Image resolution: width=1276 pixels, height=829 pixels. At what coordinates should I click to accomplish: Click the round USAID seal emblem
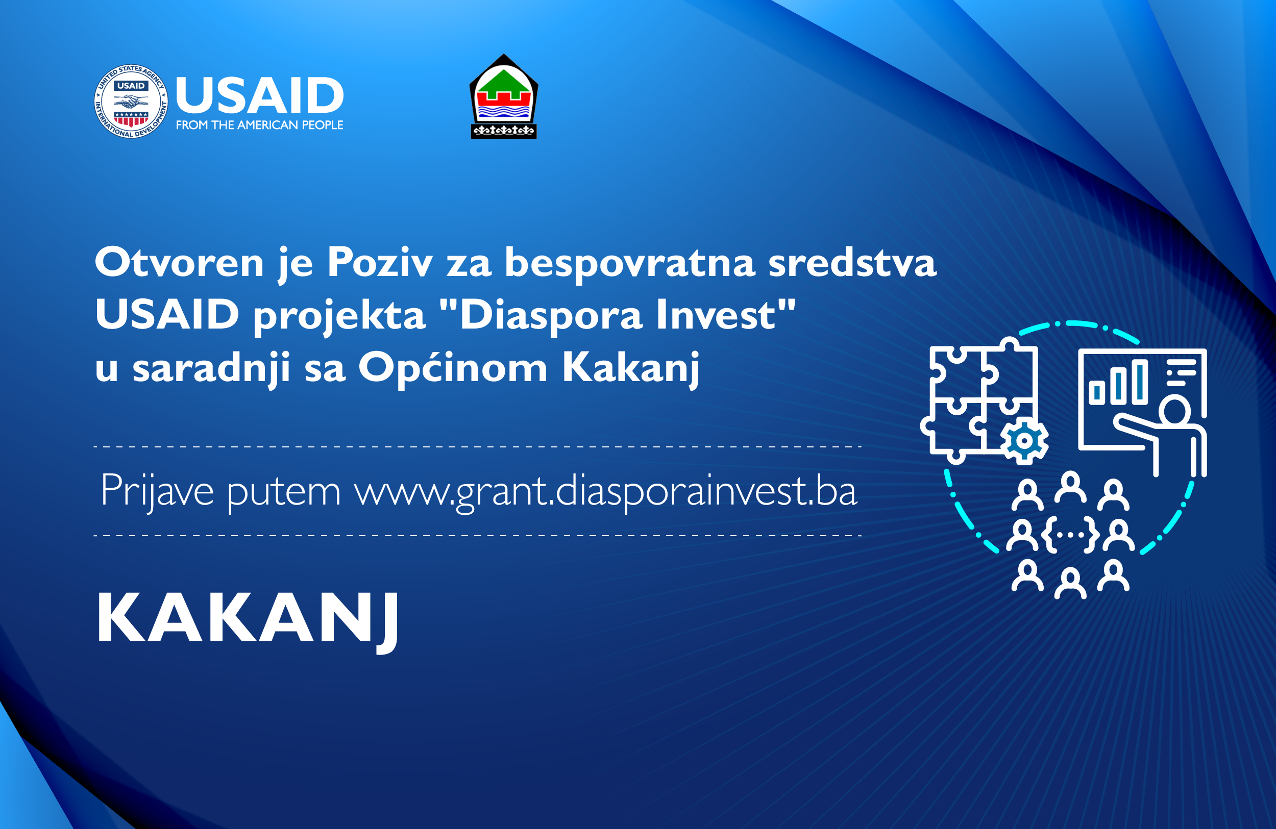(131, 102)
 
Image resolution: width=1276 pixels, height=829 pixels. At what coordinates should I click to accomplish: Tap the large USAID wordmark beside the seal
(259, 95)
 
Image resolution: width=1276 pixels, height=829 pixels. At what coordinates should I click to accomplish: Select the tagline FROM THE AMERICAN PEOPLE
(259, 125)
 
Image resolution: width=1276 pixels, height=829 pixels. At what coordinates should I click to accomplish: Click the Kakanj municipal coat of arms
(503, 96)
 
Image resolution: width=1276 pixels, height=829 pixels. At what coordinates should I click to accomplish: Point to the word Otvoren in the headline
(179, 262)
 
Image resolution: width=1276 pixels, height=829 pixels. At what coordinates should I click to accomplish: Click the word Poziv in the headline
(380, 262)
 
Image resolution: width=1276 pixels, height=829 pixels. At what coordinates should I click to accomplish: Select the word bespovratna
(629, 263)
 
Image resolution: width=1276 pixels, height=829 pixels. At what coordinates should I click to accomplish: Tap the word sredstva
(852, 262)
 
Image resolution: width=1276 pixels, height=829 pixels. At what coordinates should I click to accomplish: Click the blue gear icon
(1024, 440)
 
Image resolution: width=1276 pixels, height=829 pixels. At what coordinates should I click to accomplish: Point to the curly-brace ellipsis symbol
(1071, 534)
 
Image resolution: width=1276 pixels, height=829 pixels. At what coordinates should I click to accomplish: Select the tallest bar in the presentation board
(1139, 382)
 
